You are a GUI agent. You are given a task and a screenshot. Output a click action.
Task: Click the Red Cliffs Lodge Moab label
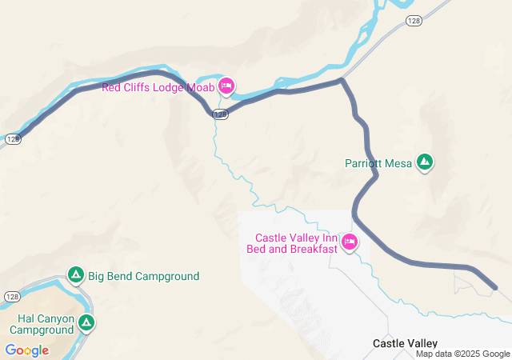pyautogui.click(x=158, y=87)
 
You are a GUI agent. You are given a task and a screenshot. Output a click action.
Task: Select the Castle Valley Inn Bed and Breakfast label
pyautogui.click(x=296, y=243)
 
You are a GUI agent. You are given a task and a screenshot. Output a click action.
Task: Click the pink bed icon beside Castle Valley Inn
pyautogui.click(x=349, y=241)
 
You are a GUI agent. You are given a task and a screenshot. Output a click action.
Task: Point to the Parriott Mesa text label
pyautogui.click(x=378, y=163)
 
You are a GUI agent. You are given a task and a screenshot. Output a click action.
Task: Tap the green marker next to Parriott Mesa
pyautogui.click(x=425, y=162)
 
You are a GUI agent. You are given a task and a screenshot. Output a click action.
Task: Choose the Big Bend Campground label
pyautogui.click(x=144, y=277)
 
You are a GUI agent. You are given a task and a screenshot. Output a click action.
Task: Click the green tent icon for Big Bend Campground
pyautogui.click(x=76, y=276)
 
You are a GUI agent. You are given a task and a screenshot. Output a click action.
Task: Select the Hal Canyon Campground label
pyautogui.click(x=42, y=323)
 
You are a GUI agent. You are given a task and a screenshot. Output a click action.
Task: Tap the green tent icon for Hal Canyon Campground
pyautogui.click(x=86, y=323)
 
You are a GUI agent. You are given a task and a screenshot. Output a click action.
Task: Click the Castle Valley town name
pyautogui.click(x=405, y=343)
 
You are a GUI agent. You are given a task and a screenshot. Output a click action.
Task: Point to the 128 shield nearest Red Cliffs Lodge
pyautogui.click(x=221, y=114)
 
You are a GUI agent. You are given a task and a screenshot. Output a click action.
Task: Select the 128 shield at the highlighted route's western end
pyautogui.click(x=12, y=138)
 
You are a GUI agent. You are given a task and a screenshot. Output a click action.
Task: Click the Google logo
pyautogui.click(x=26, y=350)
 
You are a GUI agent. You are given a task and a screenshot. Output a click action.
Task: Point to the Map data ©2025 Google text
pyautogui.click(x=462, y=354)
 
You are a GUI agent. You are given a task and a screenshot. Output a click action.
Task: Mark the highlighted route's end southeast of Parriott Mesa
pyautogui.click(x=495, y=287)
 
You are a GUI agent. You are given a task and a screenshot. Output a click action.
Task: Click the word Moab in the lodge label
pyautogui.click(x=201, y=87)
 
